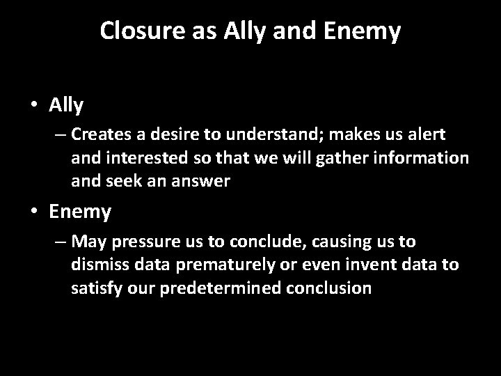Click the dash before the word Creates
tap(61, 133)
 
